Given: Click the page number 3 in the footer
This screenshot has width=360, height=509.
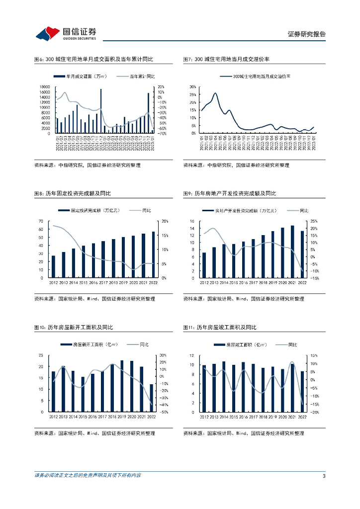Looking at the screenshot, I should coord(324,476).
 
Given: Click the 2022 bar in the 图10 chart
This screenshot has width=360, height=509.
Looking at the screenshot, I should coord(151,398).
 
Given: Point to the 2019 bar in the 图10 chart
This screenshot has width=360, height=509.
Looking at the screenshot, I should coord(122,386).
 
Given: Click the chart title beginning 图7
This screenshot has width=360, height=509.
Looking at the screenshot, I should coord(226,59).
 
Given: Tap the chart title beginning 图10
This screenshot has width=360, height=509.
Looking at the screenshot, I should coord(73,327).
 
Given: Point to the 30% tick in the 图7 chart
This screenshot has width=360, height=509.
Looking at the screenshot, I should coord(193,86).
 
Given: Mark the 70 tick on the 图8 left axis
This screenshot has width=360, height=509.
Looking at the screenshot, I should coord(45,221).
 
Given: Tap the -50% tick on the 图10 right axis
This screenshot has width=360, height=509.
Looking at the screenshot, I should coord(166,412).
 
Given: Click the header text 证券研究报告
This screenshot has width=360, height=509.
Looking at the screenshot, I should coord(306,34).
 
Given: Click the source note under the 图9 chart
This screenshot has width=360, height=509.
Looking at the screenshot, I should coord(243,299).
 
